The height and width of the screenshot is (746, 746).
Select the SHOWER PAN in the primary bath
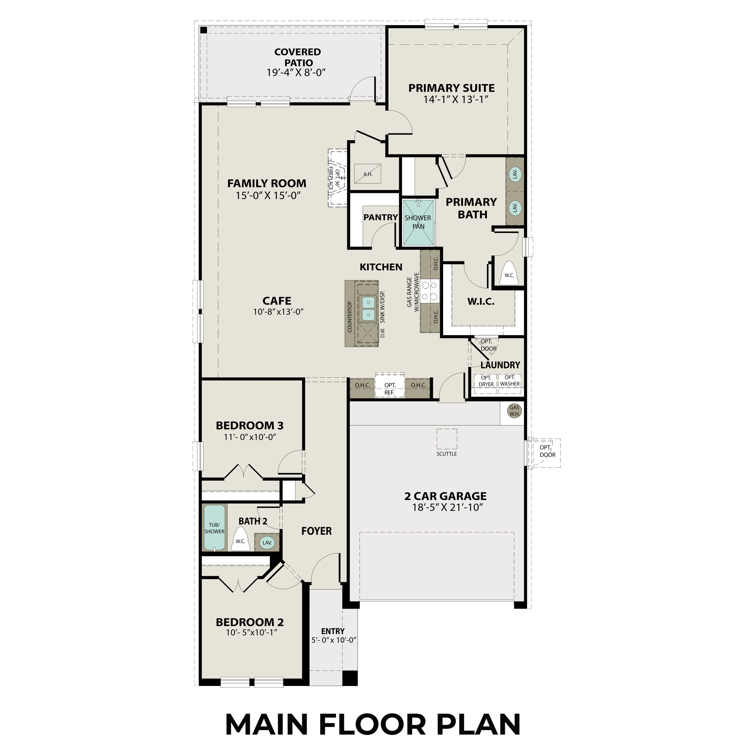coord(418,222)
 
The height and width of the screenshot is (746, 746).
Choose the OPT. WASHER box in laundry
coord(510,381)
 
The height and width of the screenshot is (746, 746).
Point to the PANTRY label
coord(380,217)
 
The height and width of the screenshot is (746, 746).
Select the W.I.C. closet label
coord(481,302)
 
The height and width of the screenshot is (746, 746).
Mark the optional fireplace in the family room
coord(336,178)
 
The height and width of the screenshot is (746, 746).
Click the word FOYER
coord(316,531)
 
